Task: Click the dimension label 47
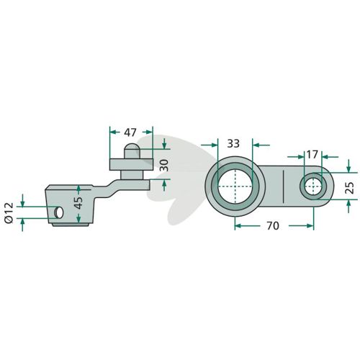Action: (x=130, y=132)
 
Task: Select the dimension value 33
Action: (x=233, y=143)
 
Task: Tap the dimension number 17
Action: (x=312, y=155)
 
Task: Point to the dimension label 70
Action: (x=273, y=226)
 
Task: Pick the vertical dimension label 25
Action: (x=351, y=188)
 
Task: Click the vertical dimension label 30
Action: (x=164, y=166)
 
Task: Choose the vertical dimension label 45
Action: (x=78, y=203)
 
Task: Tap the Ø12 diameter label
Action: (x=9, y=212)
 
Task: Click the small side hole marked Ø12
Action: (x=59, y=212)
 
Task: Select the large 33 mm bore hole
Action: (x=235, y=186)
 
